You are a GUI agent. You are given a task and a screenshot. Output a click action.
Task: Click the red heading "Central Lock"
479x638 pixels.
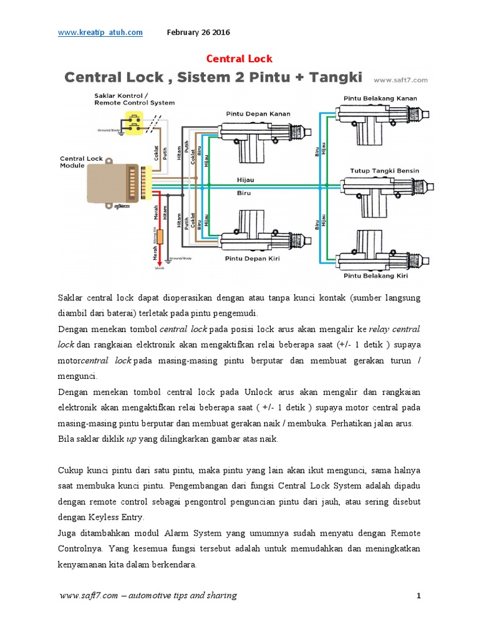[239, 59]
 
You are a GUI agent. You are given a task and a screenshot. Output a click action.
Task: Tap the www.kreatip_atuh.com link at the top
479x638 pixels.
[100, 32]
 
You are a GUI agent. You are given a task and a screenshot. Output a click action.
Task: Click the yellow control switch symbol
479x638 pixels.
[133, 121]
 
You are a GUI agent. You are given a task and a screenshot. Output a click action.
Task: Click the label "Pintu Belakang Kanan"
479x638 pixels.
[380, 98]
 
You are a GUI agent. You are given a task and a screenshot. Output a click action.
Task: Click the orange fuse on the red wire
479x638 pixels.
[160, 237]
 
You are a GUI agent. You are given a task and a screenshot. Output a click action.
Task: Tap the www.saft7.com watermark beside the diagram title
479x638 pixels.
[400, 80]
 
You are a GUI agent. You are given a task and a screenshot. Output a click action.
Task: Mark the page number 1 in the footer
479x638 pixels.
[419, 596]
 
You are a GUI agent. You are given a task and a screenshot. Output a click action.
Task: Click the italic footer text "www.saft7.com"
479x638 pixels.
[88, 596]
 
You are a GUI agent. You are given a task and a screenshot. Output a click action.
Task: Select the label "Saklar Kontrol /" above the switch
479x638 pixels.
[120, 96]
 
